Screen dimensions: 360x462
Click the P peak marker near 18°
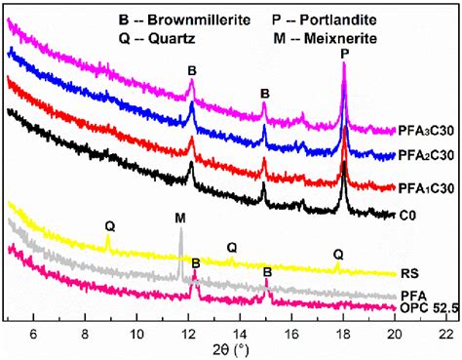pos(344,55)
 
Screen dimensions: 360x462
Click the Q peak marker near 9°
pos(109,225)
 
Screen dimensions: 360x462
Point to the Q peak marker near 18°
pos(337,254)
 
